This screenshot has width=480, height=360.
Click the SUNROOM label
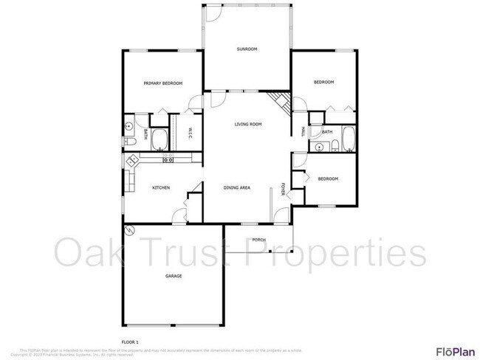pyautogui.click(x=247, y=49)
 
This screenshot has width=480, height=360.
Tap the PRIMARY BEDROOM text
pyautogui.click(x=162, y=83)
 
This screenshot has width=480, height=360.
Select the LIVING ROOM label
pyautogui.click(x=249, y=124)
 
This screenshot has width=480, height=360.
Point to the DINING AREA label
pyautogui.click(x=237, y=188)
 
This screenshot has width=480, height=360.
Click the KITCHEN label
pyautogui.click(x=161, y=188)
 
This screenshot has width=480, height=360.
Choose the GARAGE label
pyautogui.click(x=174, y=276)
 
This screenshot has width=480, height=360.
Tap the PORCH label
pyautogui.click(x=258, y=240)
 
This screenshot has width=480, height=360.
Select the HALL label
pyautogui.click(x=303, y=132)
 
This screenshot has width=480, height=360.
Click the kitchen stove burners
pyautogui.click(x=168, y=159)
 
